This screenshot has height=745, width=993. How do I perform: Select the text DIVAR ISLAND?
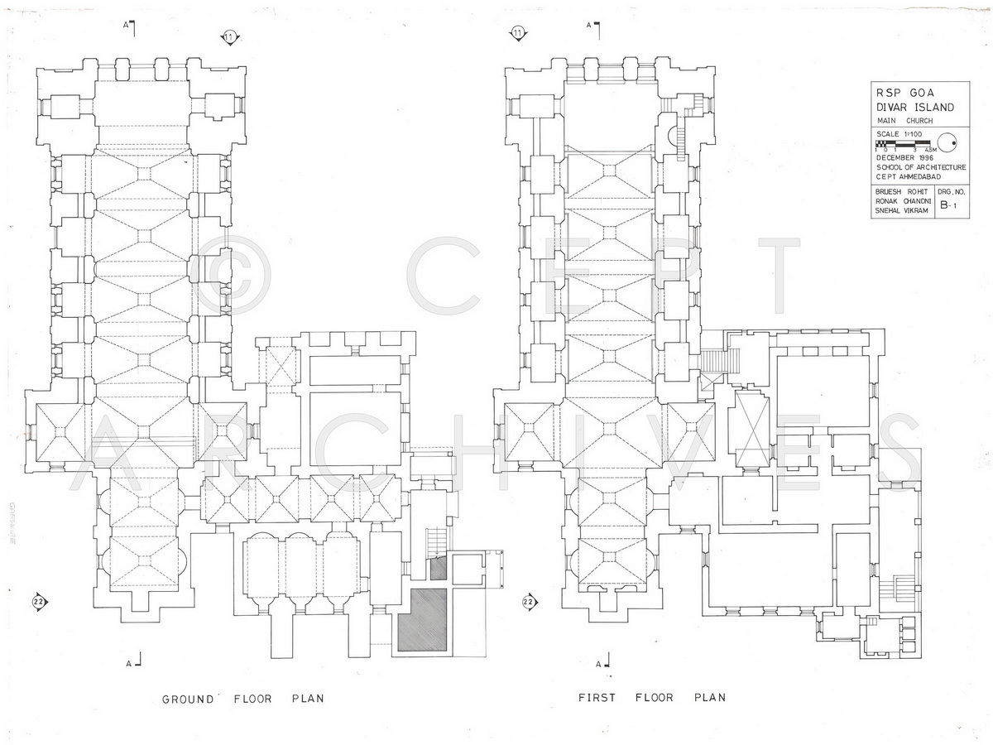[x=914, y=107]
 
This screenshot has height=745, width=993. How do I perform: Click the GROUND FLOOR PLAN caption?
[x=242, y=699]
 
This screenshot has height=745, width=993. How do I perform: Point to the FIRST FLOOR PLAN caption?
[x=651, y=698]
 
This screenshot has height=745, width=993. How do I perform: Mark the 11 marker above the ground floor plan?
[x=229, y=36]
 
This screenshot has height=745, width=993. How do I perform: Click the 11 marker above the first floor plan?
[x=518, y=34]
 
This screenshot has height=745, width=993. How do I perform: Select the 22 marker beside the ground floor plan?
[x=38, y=602]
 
